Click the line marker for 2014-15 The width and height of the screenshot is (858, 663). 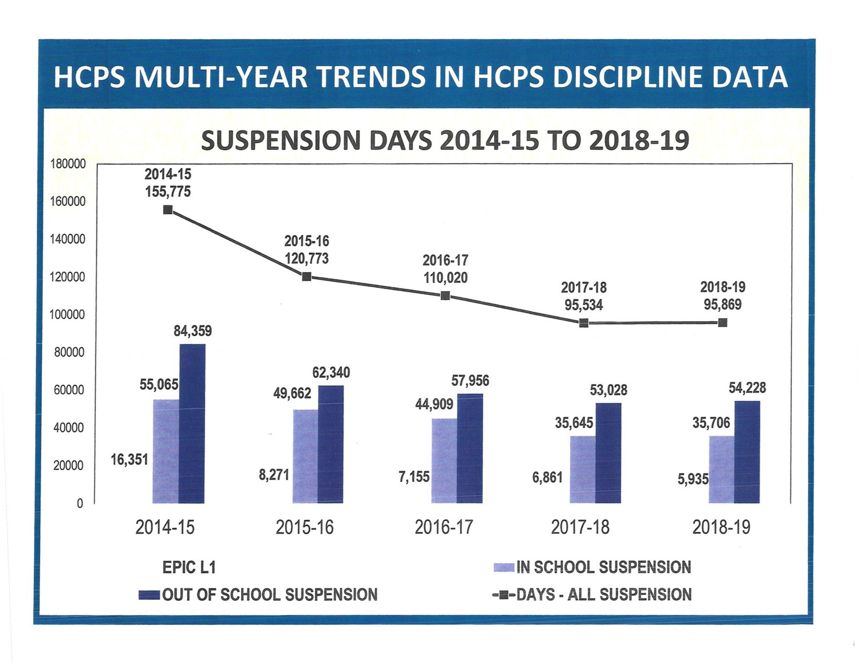[168, 210]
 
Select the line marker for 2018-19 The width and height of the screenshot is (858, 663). [722, 322]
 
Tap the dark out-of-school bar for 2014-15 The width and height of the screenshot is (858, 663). [192, 423]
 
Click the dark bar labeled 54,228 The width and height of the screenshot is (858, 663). [747, 452]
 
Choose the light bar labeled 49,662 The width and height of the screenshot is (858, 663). [305, 456]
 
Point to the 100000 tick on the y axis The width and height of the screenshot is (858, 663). [68, 315]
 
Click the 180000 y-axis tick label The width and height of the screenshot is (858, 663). [68, 164]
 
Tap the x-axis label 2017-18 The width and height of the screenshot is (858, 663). [580, 528]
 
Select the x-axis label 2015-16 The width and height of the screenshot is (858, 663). [305, 528]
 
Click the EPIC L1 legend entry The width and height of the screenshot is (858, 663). [189, 568]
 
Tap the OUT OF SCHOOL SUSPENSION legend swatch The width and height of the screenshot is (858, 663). [149, 595]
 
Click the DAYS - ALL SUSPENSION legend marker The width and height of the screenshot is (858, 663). [503, 595]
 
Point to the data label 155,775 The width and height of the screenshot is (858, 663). [168, 191]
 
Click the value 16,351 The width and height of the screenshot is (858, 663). [129, 460]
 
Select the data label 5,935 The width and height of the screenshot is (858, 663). [693, 479]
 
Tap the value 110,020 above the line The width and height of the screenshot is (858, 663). [445, 278]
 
